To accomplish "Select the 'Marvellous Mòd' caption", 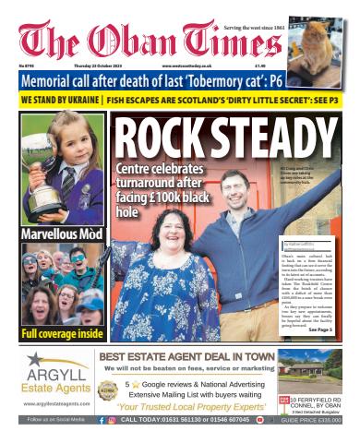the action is [x=61, y=234].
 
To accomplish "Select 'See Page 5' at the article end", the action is [x=319, y=329].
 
